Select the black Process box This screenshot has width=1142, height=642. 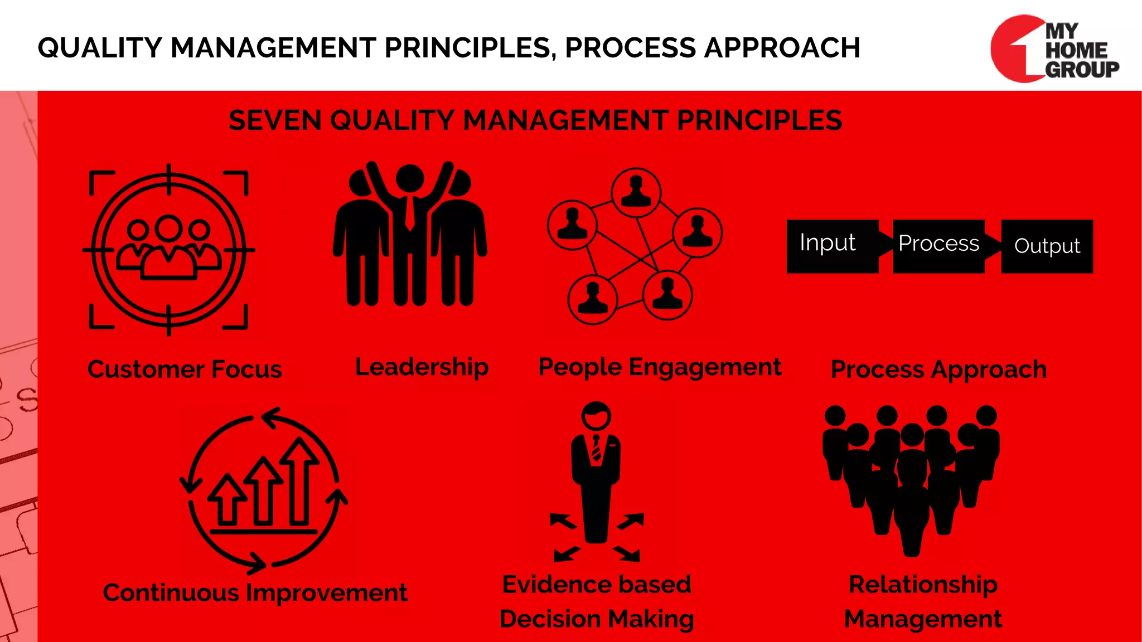(938, 246)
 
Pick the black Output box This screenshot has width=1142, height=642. (1047, 246)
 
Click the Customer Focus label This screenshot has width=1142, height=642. (185, 369)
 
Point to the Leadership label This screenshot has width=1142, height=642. (422, 367)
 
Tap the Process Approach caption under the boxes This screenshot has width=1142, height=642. (938, 369)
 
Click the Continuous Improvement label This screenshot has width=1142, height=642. (255, 592)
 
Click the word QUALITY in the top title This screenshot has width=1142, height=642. (100, 48)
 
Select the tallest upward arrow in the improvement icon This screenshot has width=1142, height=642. (300, 479)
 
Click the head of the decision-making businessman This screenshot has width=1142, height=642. (596, 416)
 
